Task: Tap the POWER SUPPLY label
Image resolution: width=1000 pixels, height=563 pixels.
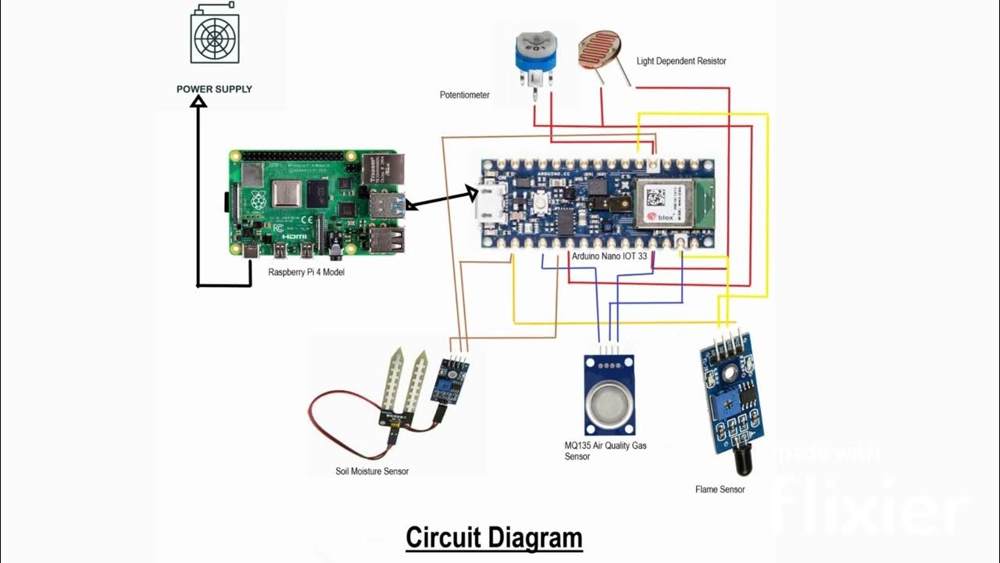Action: click(214, 89)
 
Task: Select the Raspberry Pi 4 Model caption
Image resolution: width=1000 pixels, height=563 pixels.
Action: click(306, 273)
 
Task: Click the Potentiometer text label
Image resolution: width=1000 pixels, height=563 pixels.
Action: click(465, 95)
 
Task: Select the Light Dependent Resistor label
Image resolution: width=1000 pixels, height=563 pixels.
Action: click(681, 61)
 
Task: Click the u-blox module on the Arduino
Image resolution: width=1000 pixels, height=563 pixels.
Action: click(663, 203)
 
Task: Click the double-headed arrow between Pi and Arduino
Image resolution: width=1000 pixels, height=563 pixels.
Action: click(440, 198)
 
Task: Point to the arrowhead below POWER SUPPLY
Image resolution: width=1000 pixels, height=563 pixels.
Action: click(198, 101)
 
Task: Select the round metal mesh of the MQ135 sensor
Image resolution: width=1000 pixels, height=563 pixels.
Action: click(609, 406)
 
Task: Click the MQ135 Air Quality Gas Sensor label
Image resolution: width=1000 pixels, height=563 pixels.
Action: click(605, 450)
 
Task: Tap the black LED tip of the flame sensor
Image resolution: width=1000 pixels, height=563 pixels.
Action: click(741, 466)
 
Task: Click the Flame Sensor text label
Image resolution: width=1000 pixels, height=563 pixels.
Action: click(720, 489)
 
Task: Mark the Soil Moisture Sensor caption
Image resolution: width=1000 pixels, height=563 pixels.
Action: click(372, 472)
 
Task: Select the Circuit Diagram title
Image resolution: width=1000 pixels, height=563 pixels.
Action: click(494, 538)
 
